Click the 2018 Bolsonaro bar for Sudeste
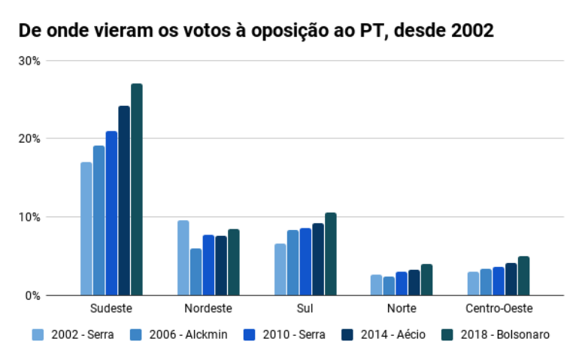136,189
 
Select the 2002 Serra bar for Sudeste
86,228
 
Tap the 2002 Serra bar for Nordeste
183,257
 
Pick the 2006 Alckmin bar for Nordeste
196,271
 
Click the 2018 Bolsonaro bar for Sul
331,254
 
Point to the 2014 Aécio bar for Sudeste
124,201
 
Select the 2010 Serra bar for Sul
306,262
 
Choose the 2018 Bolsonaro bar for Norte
427,280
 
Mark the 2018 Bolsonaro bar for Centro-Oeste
523,276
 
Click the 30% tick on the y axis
31,60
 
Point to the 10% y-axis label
31,217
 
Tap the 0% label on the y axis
34,295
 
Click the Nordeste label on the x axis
208,309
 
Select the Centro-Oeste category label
499,309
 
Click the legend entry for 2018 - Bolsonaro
496,334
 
